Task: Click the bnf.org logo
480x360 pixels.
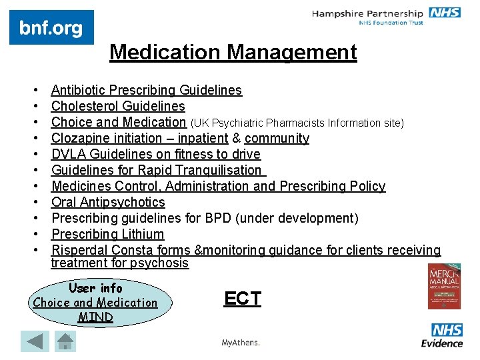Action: (x=51, y=28)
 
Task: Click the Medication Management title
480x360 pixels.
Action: (x=233, y=52)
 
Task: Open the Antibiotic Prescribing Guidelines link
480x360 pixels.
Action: (x=146, y=90)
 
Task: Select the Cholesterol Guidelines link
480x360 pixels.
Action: (x=118, y=106)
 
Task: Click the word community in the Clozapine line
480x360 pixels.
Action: (x=277, y=138)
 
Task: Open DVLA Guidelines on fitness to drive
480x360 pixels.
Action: (x=155, y=154)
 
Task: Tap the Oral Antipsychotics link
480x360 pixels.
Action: (x=108, y=202)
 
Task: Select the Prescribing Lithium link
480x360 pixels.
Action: (x=107, y=234)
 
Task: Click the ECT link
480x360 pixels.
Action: (x=243, y=299)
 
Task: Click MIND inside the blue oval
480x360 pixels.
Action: (x=95, y=317)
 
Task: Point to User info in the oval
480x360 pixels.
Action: (x=95, y=288)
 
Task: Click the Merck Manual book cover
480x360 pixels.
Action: (x=443, y=287)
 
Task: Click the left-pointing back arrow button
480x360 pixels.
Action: (x=35, y=341)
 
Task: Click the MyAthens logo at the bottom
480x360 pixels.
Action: (x=240, y=343)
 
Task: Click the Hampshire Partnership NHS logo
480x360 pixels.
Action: (x=386, y=17)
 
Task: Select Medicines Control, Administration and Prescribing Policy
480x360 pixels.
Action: (x=218, y=186)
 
